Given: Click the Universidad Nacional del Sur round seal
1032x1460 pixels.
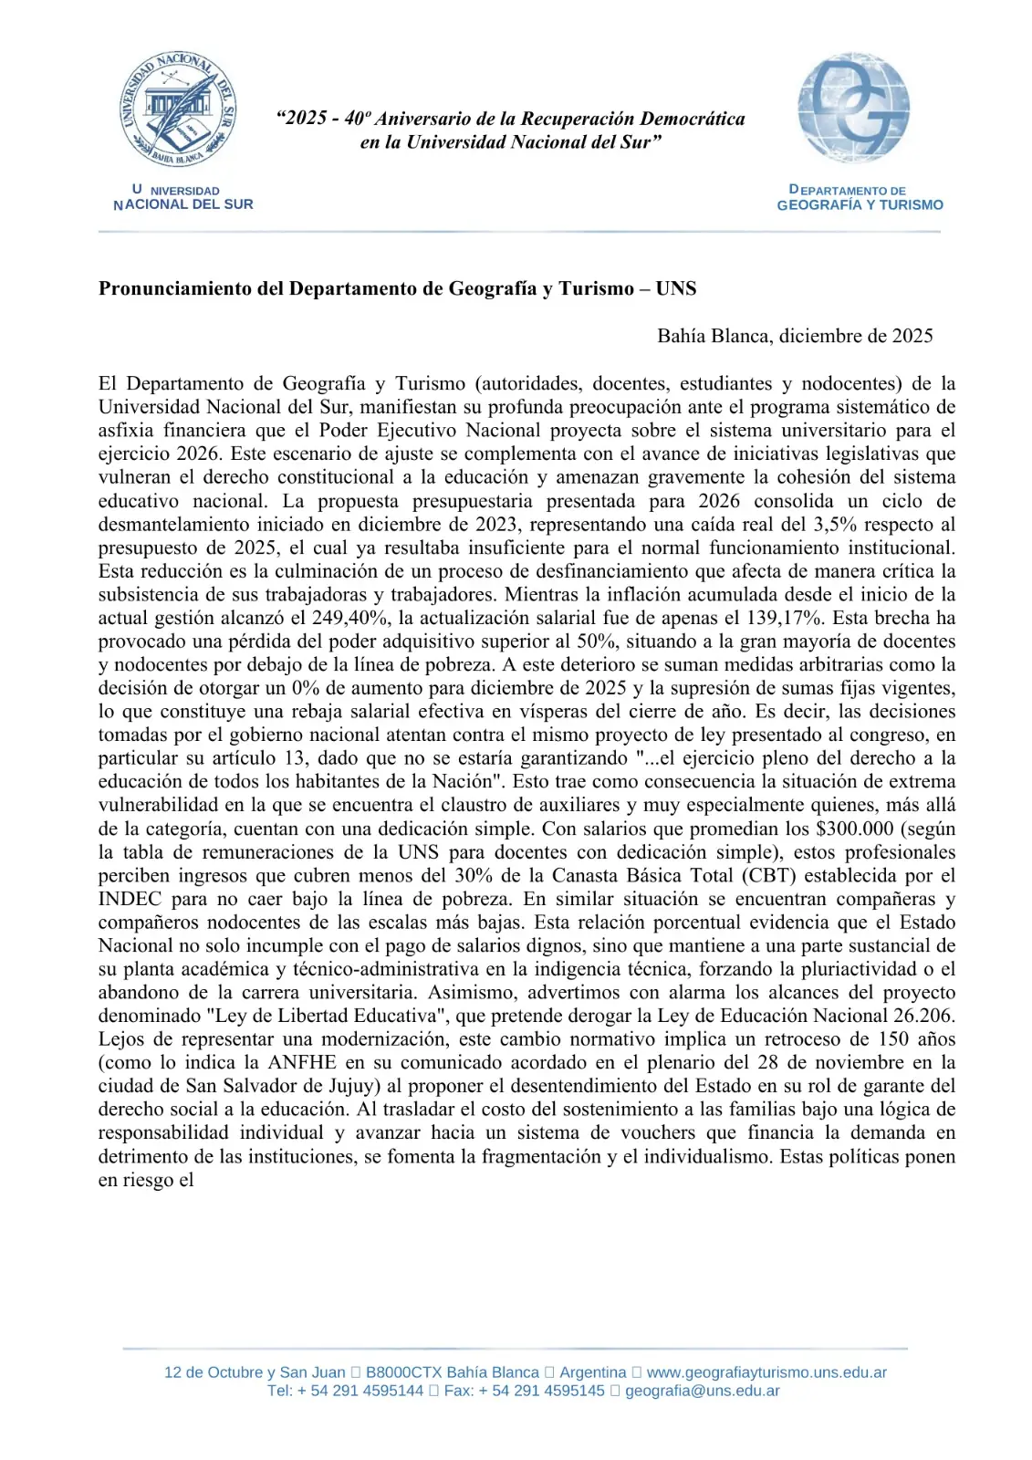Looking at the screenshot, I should [x=179, y=109].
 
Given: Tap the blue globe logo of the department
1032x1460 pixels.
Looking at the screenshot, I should [x=853, y=108].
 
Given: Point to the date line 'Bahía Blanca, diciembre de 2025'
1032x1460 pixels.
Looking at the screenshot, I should [x=795, y=336].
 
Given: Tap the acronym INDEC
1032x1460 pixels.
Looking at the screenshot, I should [x=130, y=899].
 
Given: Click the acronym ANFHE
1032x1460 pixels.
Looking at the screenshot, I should [x=301, y=1062].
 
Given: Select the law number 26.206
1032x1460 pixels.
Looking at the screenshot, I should [x=922, y=1016].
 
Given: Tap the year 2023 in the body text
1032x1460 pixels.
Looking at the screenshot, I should [x=497, y=524].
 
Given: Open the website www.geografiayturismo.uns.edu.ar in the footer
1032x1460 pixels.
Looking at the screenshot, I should [x=766, y=1372].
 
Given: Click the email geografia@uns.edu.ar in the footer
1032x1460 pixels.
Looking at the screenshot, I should [x=702, y=1391].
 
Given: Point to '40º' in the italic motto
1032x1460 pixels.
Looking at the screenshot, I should [x=357, y=119].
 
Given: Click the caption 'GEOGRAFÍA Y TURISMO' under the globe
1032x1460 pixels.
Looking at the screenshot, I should [x=860, y=205].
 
